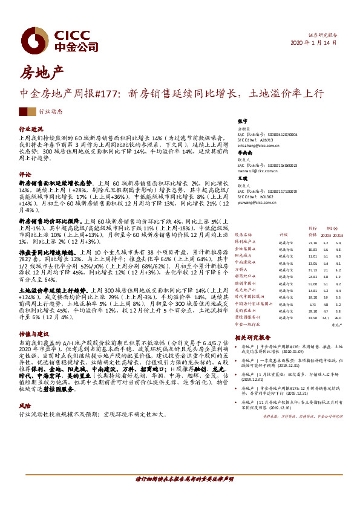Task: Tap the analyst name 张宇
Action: pos(243,122)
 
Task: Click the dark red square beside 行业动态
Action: pos(23,112)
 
